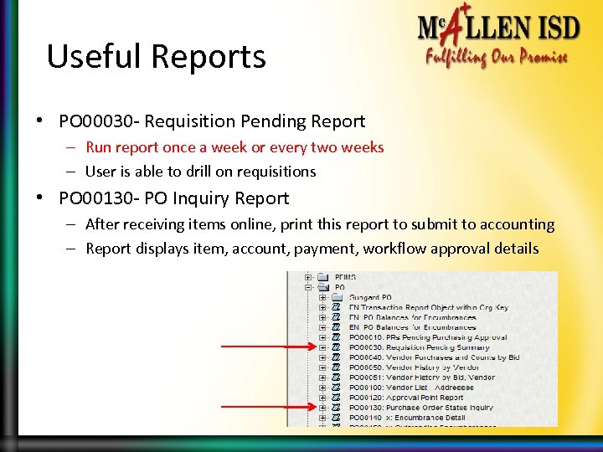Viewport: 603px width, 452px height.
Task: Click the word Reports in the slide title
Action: coord(209,57)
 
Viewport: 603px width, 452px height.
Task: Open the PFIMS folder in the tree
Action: coord(345,277)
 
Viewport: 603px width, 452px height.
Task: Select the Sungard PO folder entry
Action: coord(369,297)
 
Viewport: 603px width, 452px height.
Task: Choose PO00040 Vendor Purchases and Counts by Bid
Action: coord(433,357)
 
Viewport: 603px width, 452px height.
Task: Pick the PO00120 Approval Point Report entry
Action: coord(405,398)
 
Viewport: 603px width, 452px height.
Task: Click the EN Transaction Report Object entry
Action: coord(428,307)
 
